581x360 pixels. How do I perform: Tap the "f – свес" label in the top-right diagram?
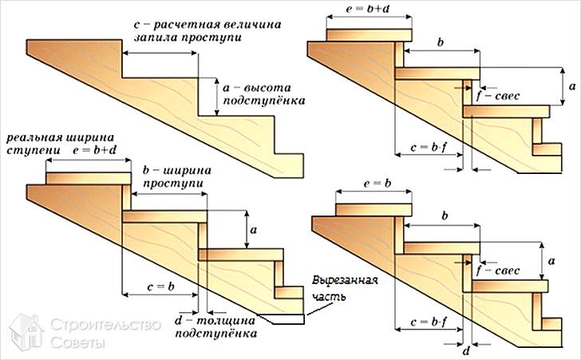(497, 96)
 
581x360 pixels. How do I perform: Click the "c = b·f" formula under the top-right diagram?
(427, 148)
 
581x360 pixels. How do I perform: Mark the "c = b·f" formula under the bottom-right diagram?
(427, 323)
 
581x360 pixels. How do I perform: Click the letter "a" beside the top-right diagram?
(564, 84)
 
